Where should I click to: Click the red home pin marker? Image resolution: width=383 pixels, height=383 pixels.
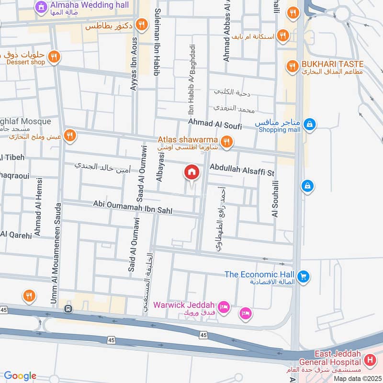click(x=191, y=172)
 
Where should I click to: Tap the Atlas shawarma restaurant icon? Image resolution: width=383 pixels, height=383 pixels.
click(x=227, y=141)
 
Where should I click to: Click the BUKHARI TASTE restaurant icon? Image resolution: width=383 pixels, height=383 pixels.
click(x=291, y=66)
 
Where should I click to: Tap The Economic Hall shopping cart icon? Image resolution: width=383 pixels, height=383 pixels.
click(x=303, y=276)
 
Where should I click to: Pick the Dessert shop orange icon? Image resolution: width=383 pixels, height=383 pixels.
click(x=54, y=57)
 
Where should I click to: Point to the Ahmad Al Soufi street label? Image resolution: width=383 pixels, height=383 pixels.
click(x=215, y=123)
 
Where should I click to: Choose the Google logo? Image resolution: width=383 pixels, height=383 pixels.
click(x=20, y=375)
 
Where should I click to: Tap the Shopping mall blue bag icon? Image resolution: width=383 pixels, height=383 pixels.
click(x=310, y=124)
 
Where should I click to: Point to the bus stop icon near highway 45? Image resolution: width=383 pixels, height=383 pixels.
click(x=68, y=309)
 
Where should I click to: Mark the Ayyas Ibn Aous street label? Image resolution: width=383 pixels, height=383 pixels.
click(x=133, y=57)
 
